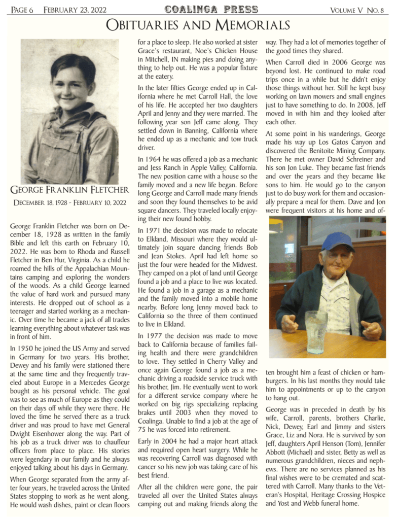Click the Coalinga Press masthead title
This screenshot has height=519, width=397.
211,9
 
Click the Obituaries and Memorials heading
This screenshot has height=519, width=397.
198,25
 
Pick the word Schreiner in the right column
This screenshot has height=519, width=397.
363,158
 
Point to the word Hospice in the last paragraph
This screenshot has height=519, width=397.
372,495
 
